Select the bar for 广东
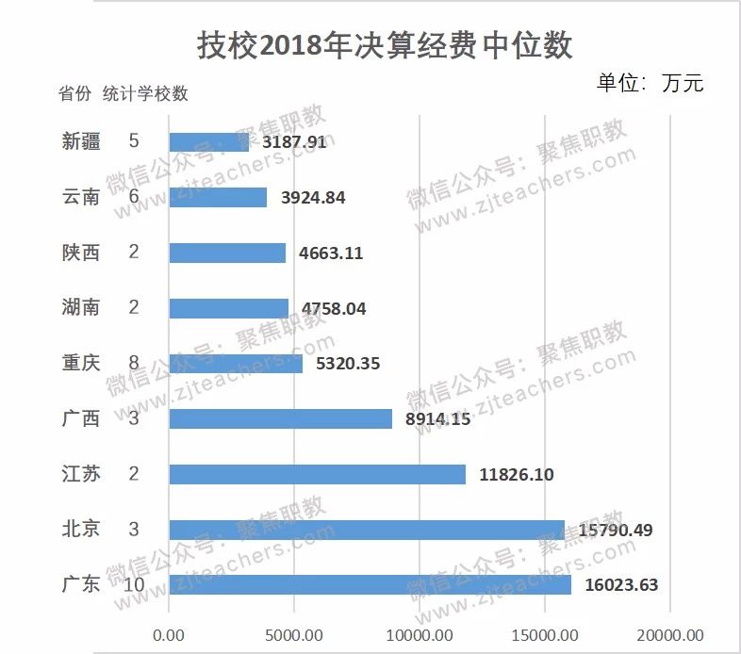point(370,584)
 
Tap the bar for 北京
point(366,530)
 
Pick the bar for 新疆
point(208,142)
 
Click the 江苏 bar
point(317,474)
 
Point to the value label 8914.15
point(437,418)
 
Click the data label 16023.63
point(620,585)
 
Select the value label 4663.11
point(331,253)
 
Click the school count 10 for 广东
point(133,584)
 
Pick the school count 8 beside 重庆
point(133,363)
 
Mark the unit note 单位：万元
point(650,83)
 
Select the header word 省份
point(74,93)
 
